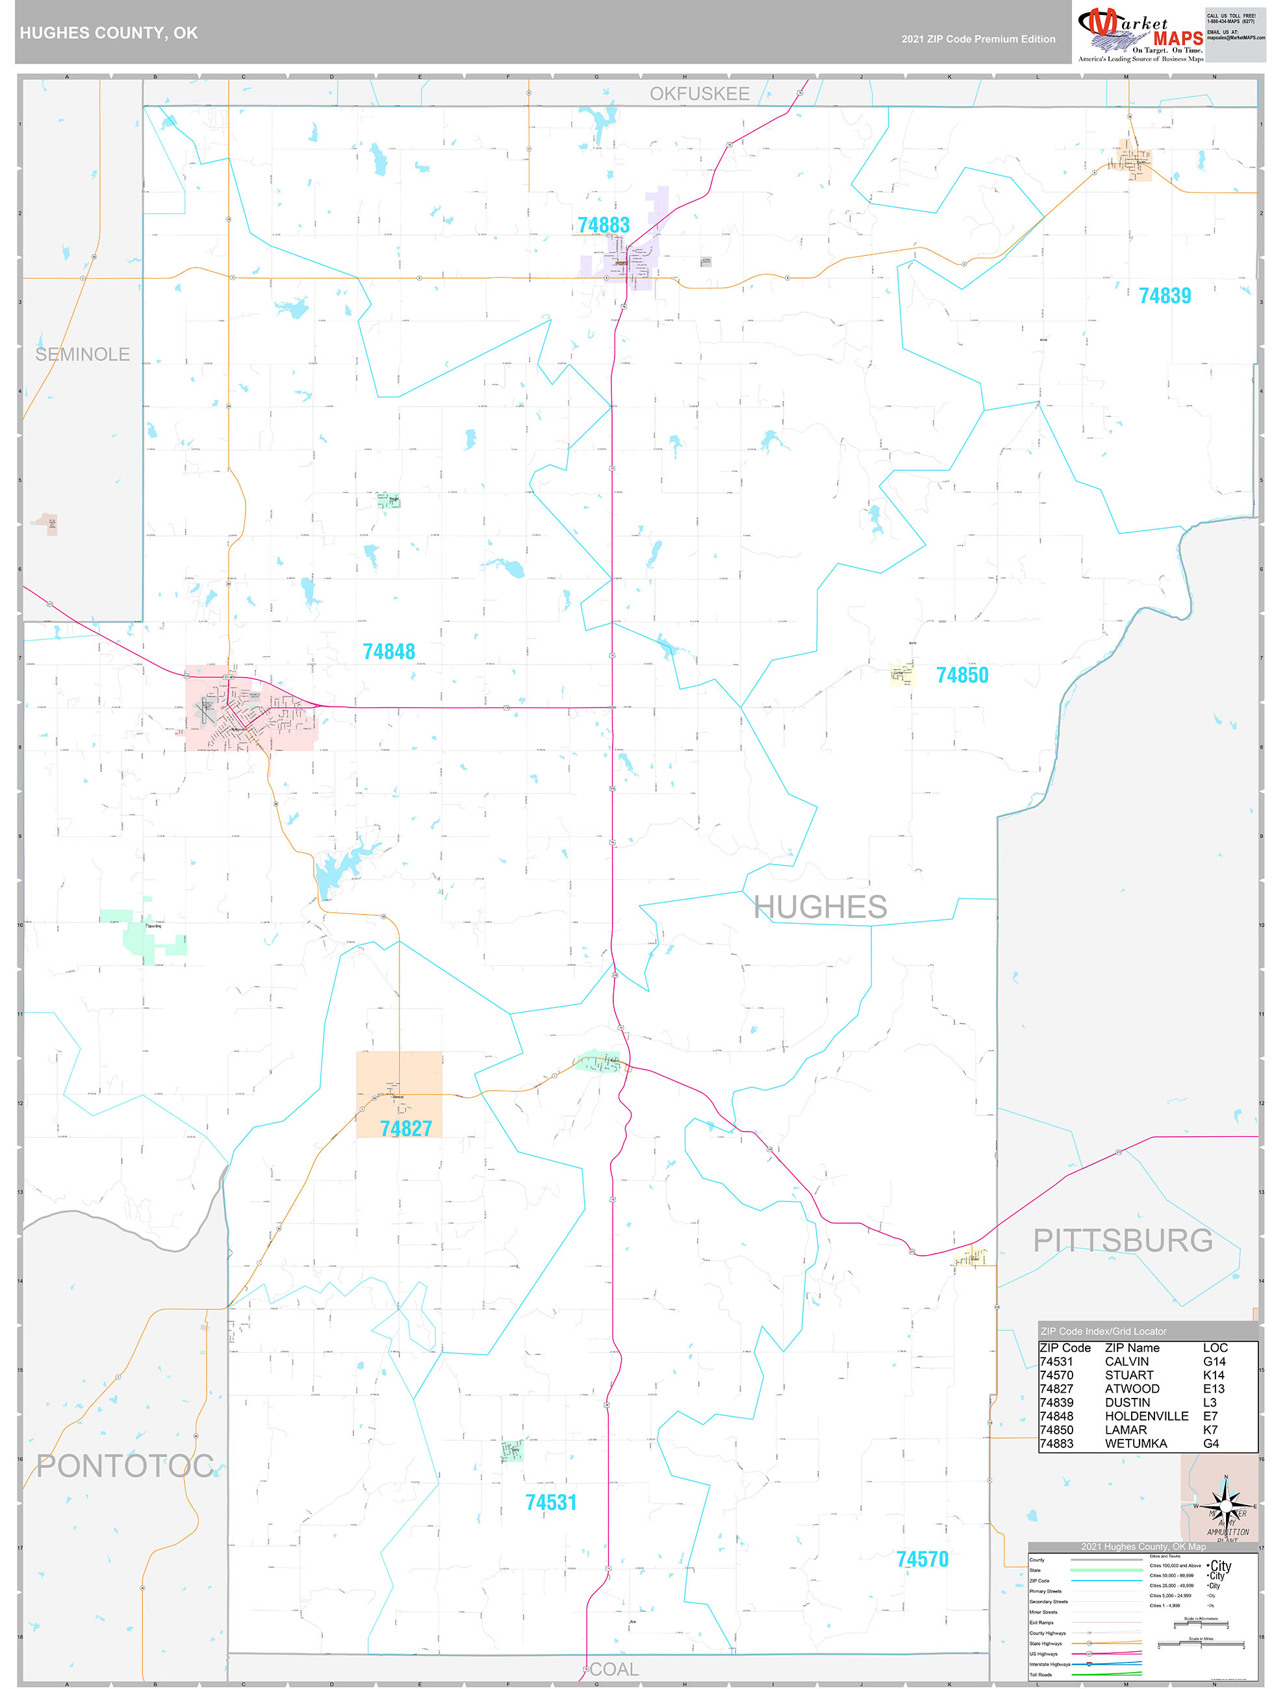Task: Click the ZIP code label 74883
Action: point(604,225)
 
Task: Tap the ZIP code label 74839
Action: point(1164,296)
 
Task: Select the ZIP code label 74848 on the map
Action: point(389,652)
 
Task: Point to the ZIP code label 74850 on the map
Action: point(962,675)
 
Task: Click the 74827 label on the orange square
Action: point(405,1128)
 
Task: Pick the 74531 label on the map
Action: point(551,1503)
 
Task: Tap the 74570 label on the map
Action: point(922,1559)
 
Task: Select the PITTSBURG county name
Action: point(1122,1241)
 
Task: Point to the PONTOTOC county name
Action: point(125,1466)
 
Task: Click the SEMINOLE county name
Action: point(83,354)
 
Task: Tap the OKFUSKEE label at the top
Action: point(699,94)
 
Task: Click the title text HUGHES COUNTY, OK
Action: point(108,33)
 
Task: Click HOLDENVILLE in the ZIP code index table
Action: point(1147,1416)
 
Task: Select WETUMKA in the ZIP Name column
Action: point(1136,1443)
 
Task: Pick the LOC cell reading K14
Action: point(1214,1375)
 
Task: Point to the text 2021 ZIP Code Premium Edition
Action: point(978,39)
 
